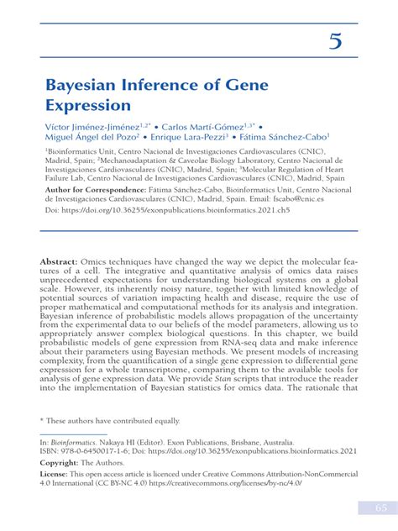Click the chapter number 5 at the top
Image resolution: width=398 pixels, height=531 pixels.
click(x=335, y=41)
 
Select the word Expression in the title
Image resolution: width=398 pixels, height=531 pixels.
click(x=88, y=106)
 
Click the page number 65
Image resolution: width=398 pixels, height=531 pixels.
click(x=370, y=507)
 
